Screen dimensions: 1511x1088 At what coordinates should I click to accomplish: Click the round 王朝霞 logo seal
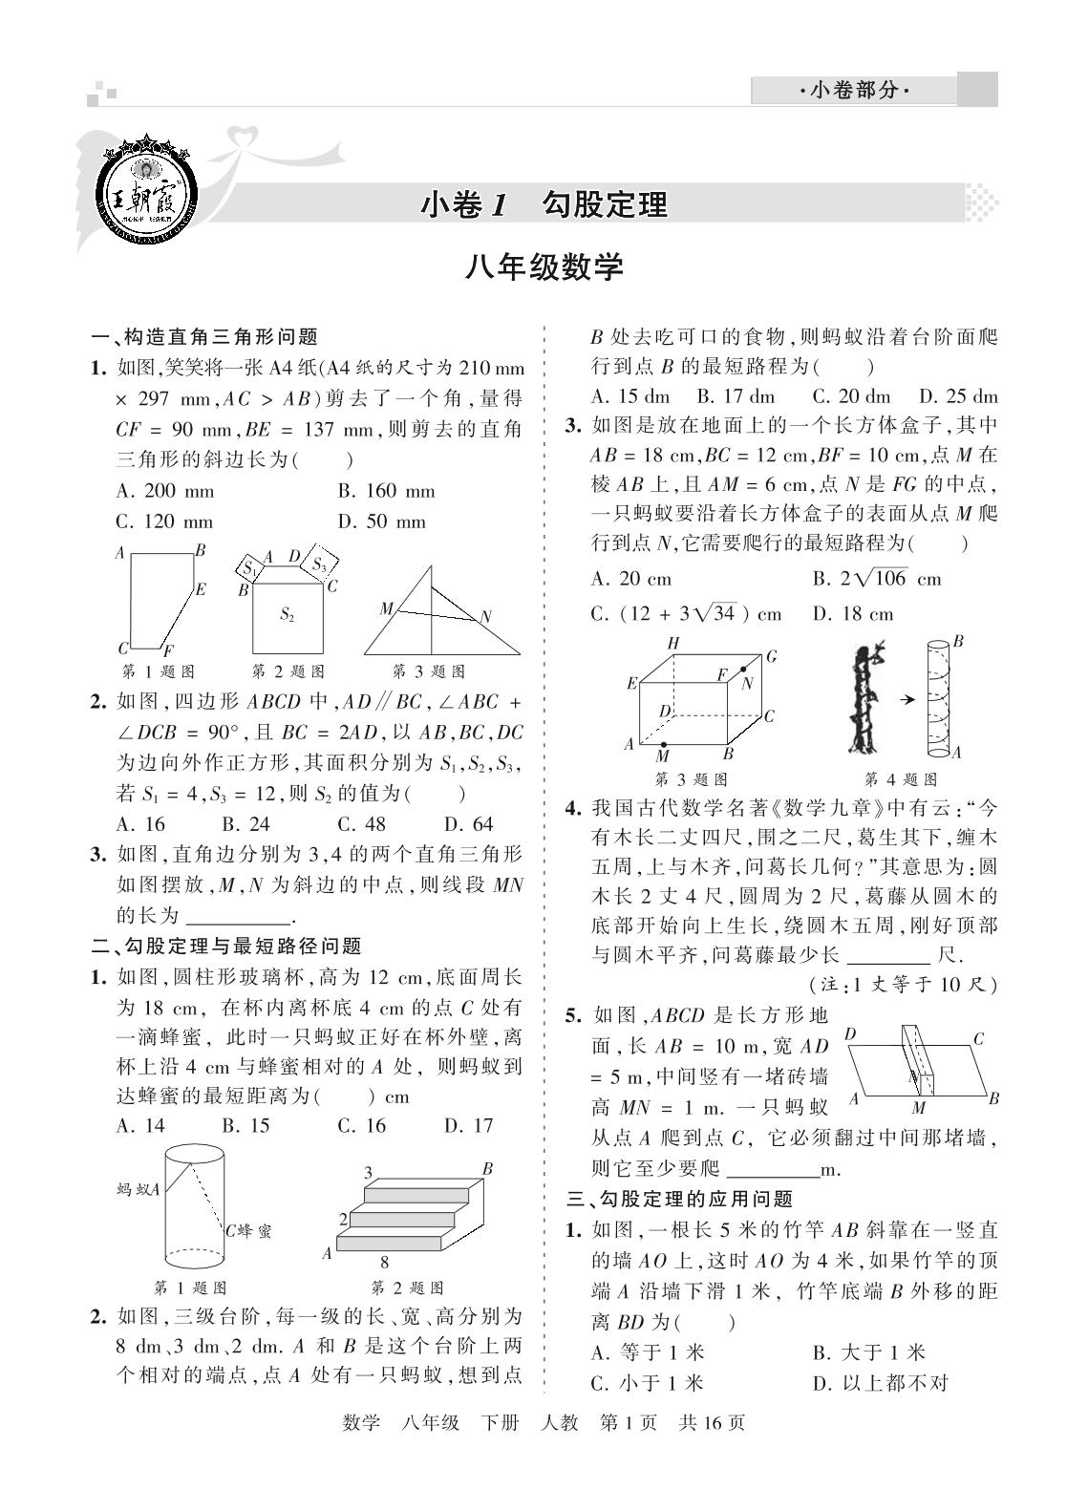coord(147,199)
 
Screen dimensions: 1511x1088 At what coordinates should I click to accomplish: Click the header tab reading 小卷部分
coord(852,91)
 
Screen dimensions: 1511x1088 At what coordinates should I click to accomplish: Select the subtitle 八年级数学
coord(544,267)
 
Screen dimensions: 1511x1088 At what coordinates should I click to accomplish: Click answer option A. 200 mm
coord(164,492)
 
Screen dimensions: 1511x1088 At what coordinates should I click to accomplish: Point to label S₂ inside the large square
coord(287,615)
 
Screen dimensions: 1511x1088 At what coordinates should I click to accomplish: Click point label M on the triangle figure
coord(386,608)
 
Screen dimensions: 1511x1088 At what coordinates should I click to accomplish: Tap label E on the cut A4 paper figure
coord(201,590)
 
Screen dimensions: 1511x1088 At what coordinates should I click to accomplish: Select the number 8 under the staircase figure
coord(384,1261)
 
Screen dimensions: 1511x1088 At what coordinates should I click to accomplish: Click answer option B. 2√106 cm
coord(876,579)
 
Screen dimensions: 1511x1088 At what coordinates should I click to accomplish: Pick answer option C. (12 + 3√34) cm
coord(686,614)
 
